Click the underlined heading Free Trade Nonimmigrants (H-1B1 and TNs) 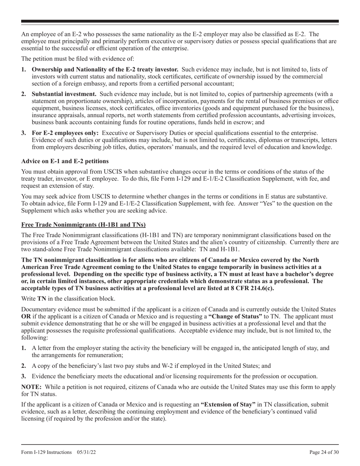(83, 224)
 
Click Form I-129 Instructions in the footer (47, 452)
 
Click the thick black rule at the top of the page (180, 22)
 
